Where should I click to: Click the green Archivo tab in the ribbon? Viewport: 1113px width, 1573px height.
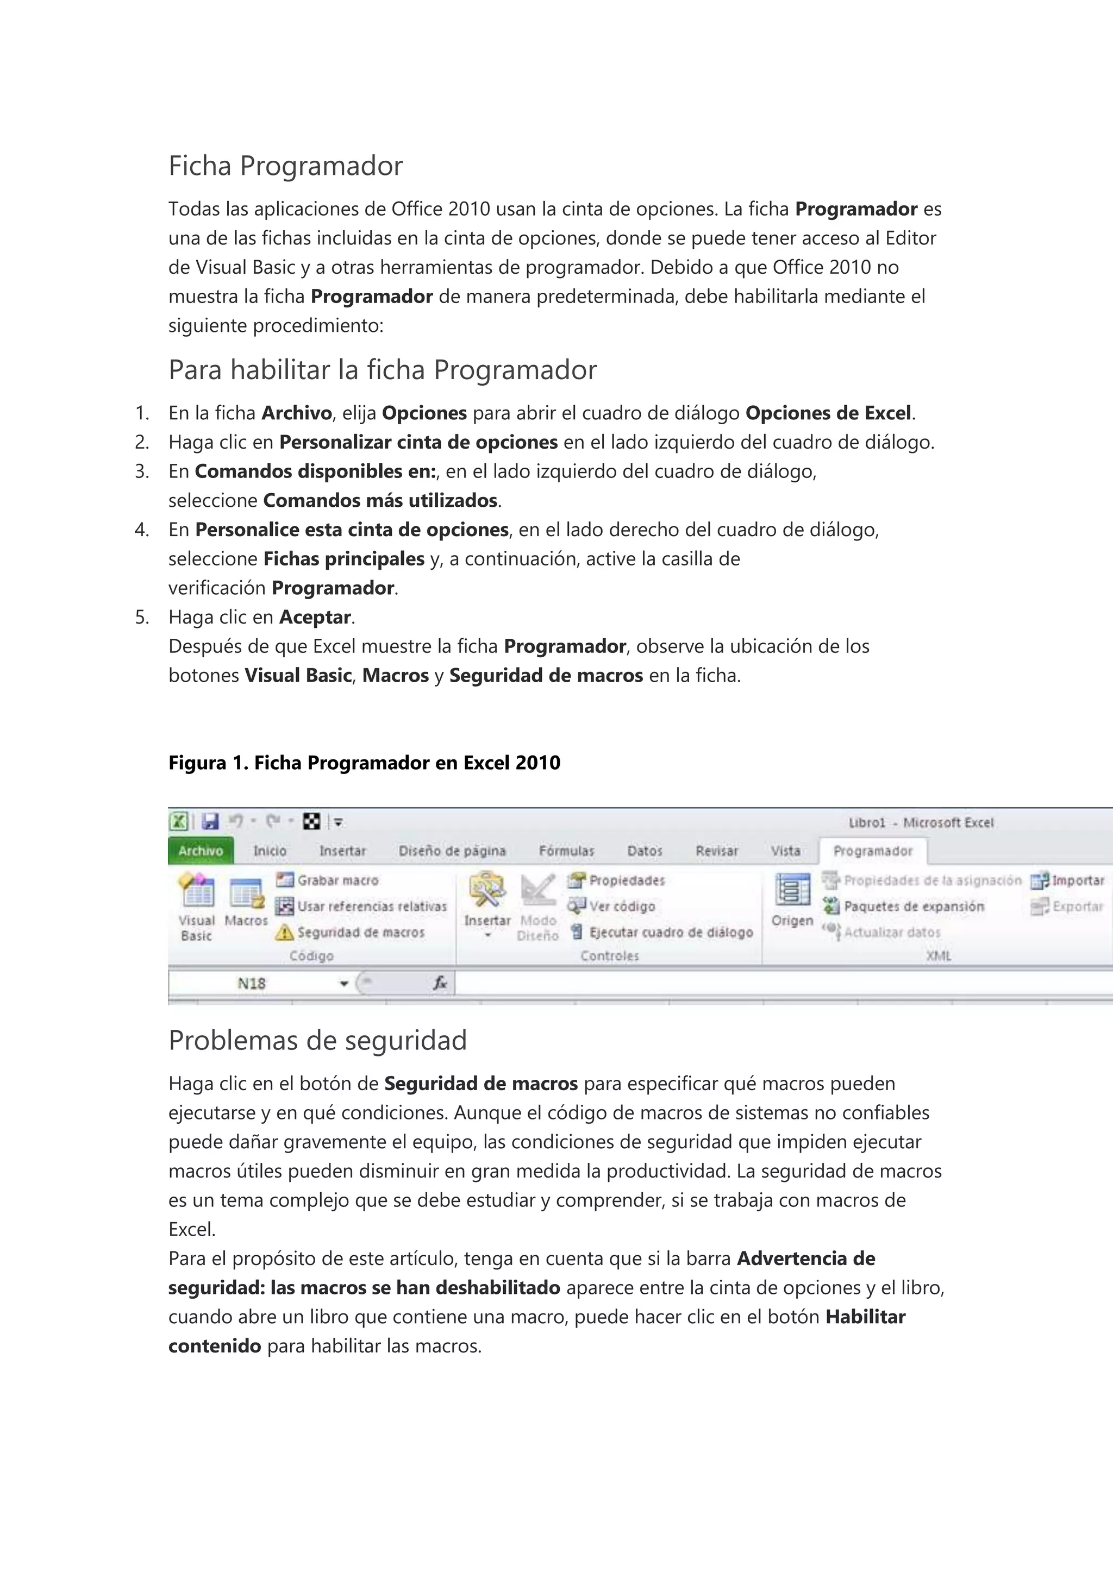point(200,851)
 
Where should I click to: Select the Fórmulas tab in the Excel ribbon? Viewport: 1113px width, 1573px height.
point(566,851)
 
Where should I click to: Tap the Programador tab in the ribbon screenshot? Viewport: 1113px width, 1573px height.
point(872,851)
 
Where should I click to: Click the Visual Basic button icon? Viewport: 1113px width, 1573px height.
point(197,891)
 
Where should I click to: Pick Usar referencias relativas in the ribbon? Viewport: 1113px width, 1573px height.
point(372,907)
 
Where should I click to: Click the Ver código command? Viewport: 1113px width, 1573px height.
point(622,907)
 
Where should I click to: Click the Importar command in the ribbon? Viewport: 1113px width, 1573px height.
point(1077,880)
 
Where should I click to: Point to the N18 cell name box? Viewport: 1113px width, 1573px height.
point(252,984)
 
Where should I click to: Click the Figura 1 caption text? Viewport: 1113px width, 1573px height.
point(364,763)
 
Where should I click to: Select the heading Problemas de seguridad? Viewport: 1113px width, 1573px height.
point(317,1041)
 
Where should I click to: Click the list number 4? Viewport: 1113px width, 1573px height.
point(141,530)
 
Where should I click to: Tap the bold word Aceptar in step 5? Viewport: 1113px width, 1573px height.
point(315,617)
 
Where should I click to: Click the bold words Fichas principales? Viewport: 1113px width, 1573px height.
point(344,559)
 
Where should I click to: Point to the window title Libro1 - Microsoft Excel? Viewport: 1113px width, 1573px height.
point(921,823)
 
